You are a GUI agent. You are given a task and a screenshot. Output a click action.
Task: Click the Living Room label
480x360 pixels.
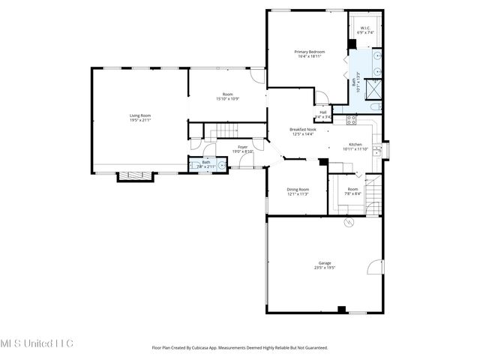[140, 118]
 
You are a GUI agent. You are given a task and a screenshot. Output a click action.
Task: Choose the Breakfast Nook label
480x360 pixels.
[303, 130]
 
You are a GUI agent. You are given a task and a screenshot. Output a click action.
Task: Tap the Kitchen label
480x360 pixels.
[355, 146]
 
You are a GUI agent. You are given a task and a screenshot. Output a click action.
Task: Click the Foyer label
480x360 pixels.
[243, 148]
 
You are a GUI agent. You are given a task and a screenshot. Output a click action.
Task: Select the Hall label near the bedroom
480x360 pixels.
[323, 114]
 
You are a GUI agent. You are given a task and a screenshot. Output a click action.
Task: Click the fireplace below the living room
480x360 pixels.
[136, 176]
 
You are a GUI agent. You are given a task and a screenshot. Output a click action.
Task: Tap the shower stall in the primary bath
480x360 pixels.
[373, 84]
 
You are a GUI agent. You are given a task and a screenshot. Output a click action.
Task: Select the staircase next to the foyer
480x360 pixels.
[222, 133]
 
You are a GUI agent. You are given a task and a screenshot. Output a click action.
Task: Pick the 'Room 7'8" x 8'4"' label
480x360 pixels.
[352, 191]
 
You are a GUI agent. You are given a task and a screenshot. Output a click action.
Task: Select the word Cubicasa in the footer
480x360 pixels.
[212, 348]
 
